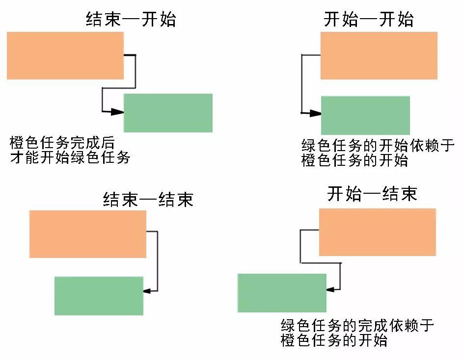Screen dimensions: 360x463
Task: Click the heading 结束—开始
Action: point(131,20)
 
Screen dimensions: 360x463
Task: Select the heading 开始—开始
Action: point(369,20)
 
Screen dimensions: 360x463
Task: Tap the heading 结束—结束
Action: point(148,199)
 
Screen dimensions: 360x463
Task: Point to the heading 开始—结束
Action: point(372,194)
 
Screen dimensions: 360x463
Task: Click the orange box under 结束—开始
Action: point(65,55)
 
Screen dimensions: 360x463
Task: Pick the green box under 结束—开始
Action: point(168,113)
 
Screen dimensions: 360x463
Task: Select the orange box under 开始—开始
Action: point(379,55)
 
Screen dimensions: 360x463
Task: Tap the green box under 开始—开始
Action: point(365,115)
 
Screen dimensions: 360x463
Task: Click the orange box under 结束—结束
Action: point(88,234)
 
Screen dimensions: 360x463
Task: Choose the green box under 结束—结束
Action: point(99,296)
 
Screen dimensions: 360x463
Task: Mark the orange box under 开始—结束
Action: point(377,232)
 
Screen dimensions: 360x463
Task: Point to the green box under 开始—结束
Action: point(282,293)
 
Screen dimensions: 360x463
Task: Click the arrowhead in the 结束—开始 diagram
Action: point(117,112)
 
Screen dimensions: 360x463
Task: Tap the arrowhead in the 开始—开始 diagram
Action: point(314,114)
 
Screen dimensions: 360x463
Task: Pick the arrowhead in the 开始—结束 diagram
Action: point(330,290)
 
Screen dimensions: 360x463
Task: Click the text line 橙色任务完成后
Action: point(62,143)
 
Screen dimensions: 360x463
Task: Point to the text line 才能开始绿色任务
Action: point(70,158)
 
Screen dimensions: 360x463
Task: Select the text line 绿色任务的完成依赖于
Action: point(357,326)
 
